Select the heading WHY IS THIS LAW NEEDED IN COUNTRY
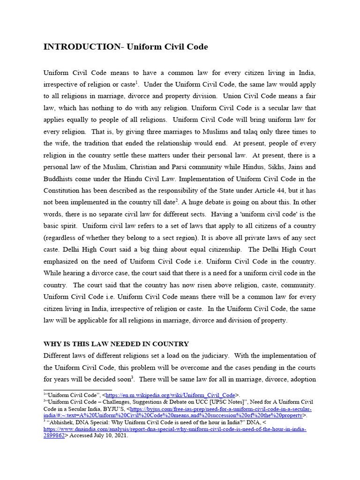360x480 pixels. (116, 344)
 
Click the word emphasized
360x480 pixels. (63, 261)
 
